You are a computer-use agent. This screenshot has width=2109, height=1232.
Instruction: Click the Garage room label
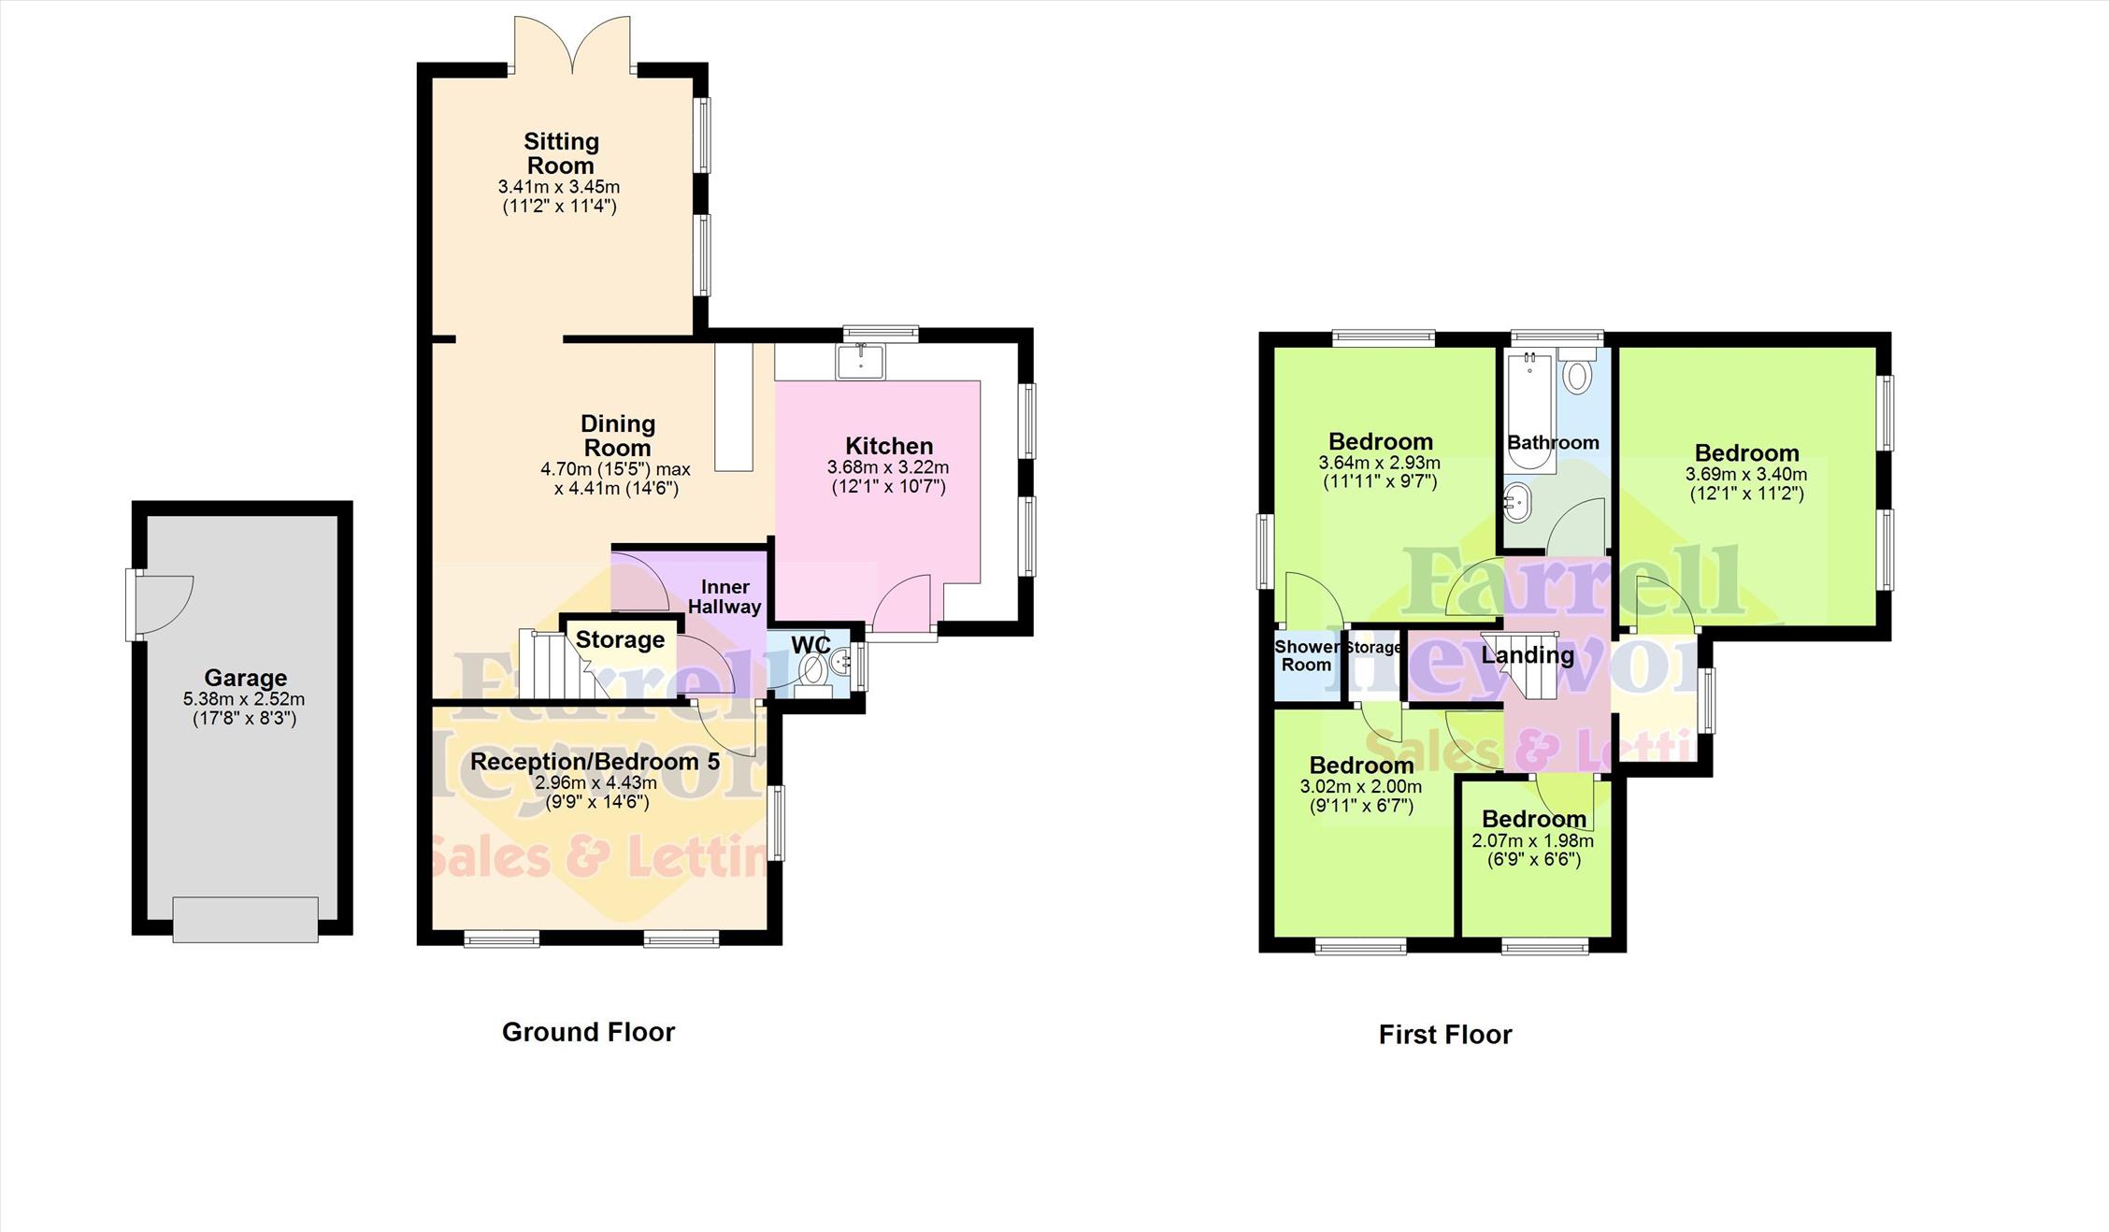point(246,678)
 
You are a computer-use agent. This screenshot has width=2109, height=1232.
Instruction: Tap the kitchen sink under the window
point(861,362)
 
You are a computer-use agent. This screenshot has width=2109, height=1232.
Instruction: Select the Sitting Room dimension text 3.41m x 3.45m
point(559,187)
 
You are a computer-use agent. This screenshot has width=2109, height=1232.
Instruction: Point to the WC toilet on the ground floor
point(813,670)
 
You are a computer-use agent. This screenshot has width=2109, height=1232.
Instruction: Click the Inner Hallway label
point(725,596)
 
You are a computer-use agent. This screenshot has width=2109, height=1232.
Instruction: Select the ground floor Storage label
point(620,639)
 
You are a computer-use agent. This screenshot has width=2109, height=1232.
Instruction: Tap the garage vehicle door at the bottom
point(246,920)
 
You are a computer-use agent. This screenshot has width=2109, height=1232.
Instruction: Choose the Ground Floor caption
point(588,1032)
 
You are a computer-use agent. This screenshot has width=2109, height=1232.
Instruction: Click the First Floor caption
point(1445,1035)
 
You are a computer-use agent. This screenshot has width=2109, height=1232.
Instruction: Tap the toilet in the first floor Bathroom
point(1578,372)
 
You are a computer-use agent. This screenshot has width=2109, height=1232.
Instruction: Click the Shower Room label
point(1307,655)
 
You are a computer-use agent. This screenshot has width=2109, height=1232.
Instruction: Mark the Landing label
point(1528,655)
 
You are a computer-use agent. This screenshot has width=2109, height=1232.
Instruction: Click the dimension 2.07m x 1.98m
point(1533,840)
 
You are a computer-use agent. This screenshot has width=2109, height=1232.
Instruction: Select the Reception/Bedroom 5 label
point(595,762)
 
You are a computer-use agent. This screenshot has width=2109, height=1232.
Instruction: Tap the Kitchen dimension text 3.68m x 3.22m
point(888,467)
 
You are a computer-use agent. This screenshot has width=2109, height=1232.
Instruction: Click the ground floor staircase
point(561,664)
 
